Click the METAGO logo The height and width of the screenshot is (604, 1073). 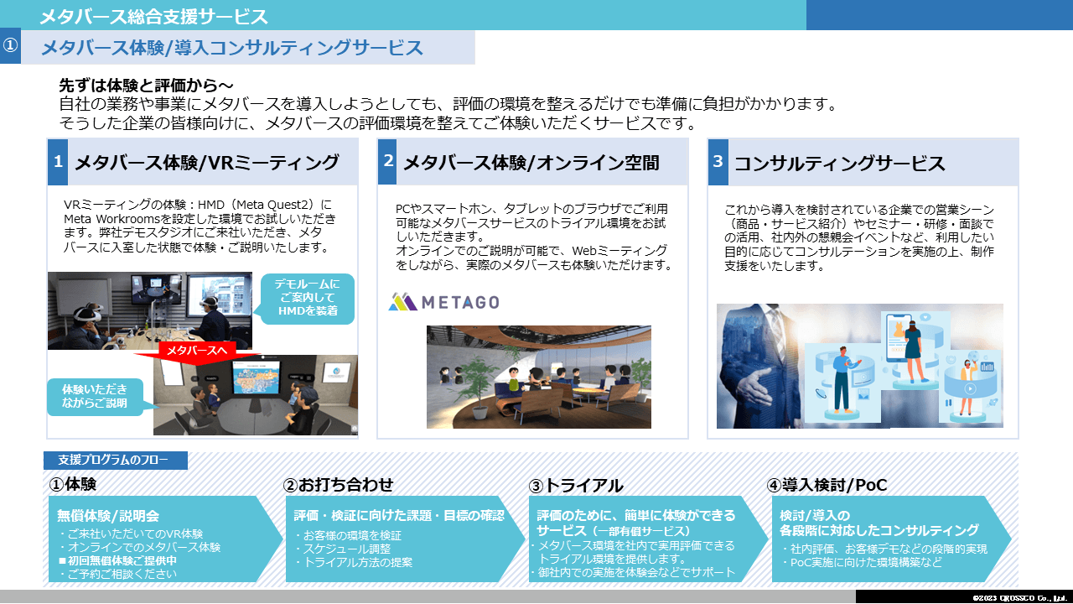pyautogui.click(x=443, y=302)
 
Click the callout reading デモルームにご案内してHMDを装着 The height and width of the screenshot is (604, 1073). pyautogui.click(x=307, y=299)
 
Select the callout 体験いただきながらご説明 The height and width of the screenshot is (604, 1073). pyautogui.click(x=95, y=396)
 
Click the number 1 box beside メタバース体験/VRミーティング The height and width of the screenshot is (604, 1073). pyautogui.click(x=58, y=162)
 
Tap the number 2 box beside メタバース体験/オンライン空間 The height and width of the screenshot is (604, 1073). pyautogui.click(x=386, y=162)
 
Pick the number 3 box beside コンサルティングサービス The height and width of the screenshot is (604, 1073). pyautogui.click(x=717, y=162)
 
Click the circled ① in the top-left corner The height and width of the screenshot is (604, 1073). pyautogui.click(x=10, y=47)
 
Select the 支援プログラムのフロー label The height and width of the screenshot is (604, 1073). pyautogui.click(x=114, y=461)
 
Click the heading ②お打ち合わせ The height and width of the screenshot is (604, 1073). pyautogui.click(x=338, y=485)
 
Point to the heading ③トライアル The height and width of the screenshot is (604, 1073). pyautogui.click(x=576, y=485)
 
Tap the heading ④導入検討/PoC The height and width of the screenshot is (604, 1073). pyautogui.click(x=827, y=485)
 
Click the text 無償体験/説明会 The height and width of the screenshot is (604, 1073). pyautogui.click(x=108, y=515)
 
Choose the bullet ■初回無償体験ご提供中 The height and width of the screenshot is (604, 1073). pyautogui.click(x=117, y=560)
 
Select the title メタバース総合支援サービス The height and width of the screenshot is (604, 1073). pyautogui.click(x=153, y=16)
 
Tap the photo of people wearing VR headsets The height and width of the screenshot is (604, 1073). pyautogui.click(x=149, y=310)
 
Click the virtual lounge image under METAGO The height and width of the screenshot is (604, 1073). pyautogui.click(x=538, y=377)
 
